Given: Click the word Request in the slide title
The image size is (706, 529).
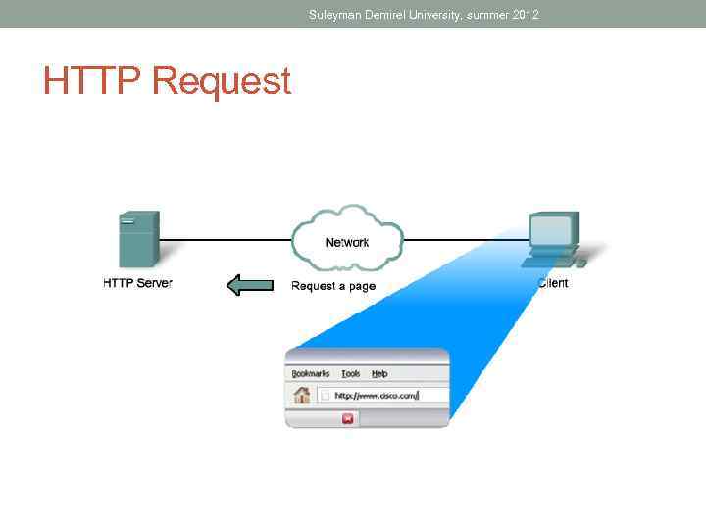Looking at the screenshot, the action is [222, 82].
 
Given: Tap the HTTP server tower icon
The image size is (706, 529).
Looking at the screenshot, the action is [137, 240].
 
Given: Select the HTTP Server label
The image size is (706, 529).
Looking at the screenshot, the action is [137, 284].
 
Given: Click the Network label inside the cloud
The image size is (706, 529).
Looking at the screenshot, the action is [347, 242].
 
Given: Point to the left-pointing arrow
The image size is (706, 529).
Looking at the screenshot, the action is [249, 285].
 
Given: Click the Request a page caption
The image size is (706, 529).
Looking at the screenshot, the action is [333, 286].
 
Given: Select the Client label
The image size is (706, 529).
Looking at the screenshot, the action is [553, 283].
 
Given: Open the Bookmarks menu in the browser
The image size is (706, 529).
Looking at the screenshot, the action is [311, 373].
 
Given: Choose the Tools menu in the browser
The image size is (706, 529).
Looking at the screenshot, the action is [350, 373].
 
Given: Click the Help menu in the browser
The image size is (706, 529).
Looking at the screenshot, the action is [379, 373].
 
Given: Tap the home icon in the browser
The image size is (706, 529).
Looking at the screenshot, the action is [302, 396].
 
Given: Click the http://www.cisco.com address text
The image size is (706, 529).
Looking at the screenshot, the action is [377, 397].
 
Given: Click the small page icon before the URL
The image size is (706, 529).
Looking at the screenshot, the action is [326, 397].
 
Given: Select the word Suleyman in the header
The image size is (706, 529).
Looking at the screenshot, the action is [334, 15].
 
